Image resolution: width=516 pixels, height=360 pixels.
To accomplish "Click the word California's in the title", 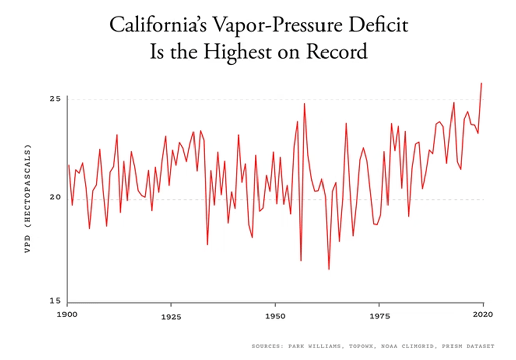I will pyautogui.click(x=155, y=25).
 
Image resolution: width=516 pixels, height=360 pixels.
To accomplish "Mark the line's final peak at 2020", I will pyautogui.click(x=482, y=83).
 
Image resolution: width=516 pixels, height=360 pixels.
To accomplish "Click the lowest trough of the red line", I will pyautogui.click(x=329, y=269).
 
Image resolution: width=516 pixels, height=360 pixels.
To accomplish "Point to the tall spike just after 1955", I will pyautogui.click(x=304, y=104).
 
